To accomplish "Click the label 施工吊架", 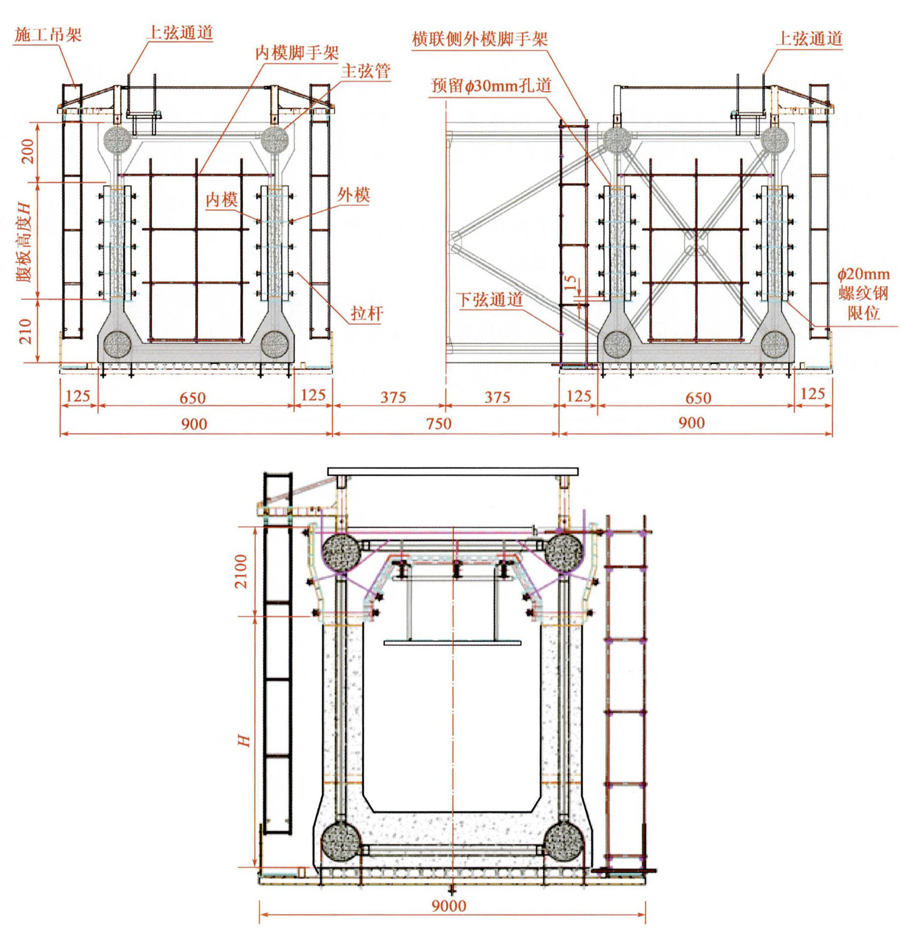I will click(x=48, y=35).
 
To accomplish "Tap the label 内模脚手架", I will click(x=296, y=52).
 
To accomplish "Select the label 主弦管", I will click(x=366, y=71).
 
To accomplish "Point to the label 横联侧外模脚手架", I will click(x=480, y=39).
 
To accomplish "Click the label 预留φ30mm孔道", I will click(x=491, y=85).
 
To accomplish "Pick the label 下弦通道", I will click(x=489, y=300).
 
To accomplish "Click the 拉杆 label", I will click(x=366, y=312).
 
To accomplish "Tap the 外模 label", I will click(x=354, y=194).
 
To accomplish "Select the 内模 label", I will click(x=221, y=199).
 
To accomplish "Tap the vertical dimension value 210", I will click(x=26, y=331).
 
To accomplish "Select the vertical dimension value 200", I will click(x=27, y=151).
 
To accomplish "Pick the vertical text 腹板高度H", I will click(x=25, y=242).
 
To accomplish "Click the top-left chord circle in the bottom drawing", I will click(x=341, y=552).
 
